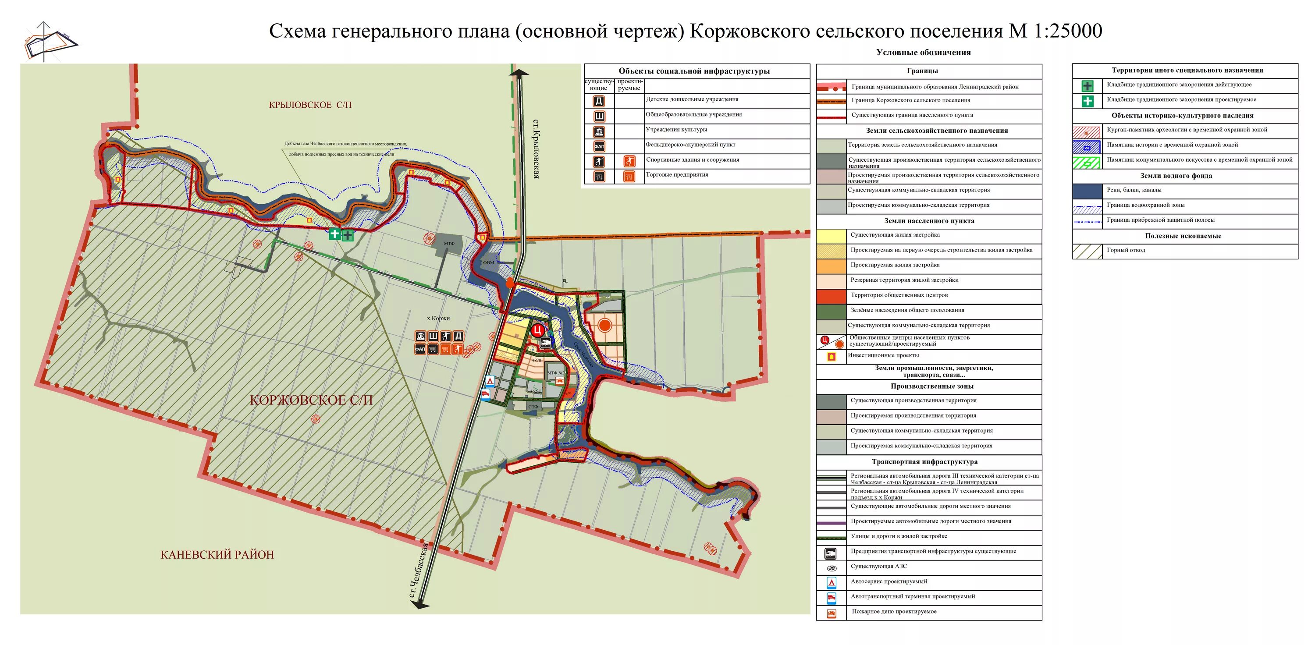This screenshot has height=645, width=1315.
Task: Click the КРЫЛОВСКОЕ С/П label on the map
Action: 310,105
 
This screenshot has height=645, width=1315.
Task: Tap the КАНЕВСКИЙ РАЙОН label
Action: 217,555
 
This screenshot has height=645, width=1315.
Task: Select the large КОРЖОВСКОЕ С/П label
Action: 311,400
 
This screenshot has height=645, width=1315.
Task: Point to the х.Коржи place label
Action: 438,319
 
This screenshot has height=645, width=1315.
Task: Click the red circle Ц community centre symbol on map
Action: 537,330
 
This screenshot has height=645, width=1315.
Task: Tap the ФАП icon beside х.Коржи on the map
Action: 420,350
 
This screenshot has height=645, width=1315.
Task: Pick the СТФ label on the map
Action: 533,407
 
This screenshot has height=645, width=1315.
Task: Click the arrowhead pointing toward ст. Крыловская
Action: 519,73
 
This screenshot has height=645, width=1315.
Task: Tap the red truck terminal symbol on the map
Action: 486,394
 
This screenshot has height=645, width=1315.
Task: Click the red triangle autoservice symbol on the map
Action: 490,381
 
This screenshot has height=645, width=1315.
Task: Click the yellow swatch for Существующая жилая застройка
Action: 831,236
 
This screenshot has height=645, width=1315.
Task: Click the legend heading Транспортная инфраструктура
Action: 924,462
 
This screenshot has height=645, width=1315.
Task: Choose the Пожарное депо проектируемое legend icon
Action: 831,613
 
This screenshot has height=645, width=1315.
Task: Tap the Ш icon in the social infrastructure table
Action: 599,117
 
